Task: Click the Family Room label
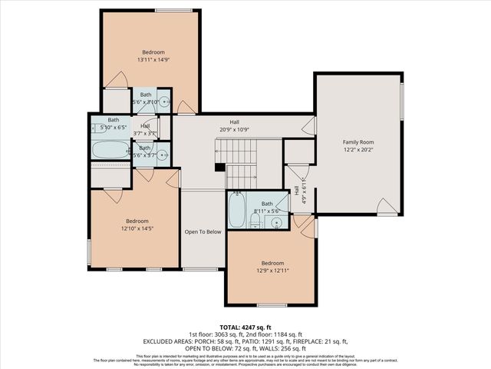click(358, 142)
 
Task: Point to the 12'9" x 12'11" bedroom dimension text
click(272, 270)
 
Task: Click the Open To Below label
click(203, 231)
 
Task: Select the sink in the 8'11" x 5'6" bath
click(277, 222)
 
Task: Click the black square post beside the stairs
click(219, 167)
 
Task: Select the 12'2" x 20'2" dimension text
click(358, 151)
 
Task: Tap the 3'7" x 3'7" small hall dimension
click(144, 133)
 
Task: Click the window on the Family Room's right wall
click(401, 100)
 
